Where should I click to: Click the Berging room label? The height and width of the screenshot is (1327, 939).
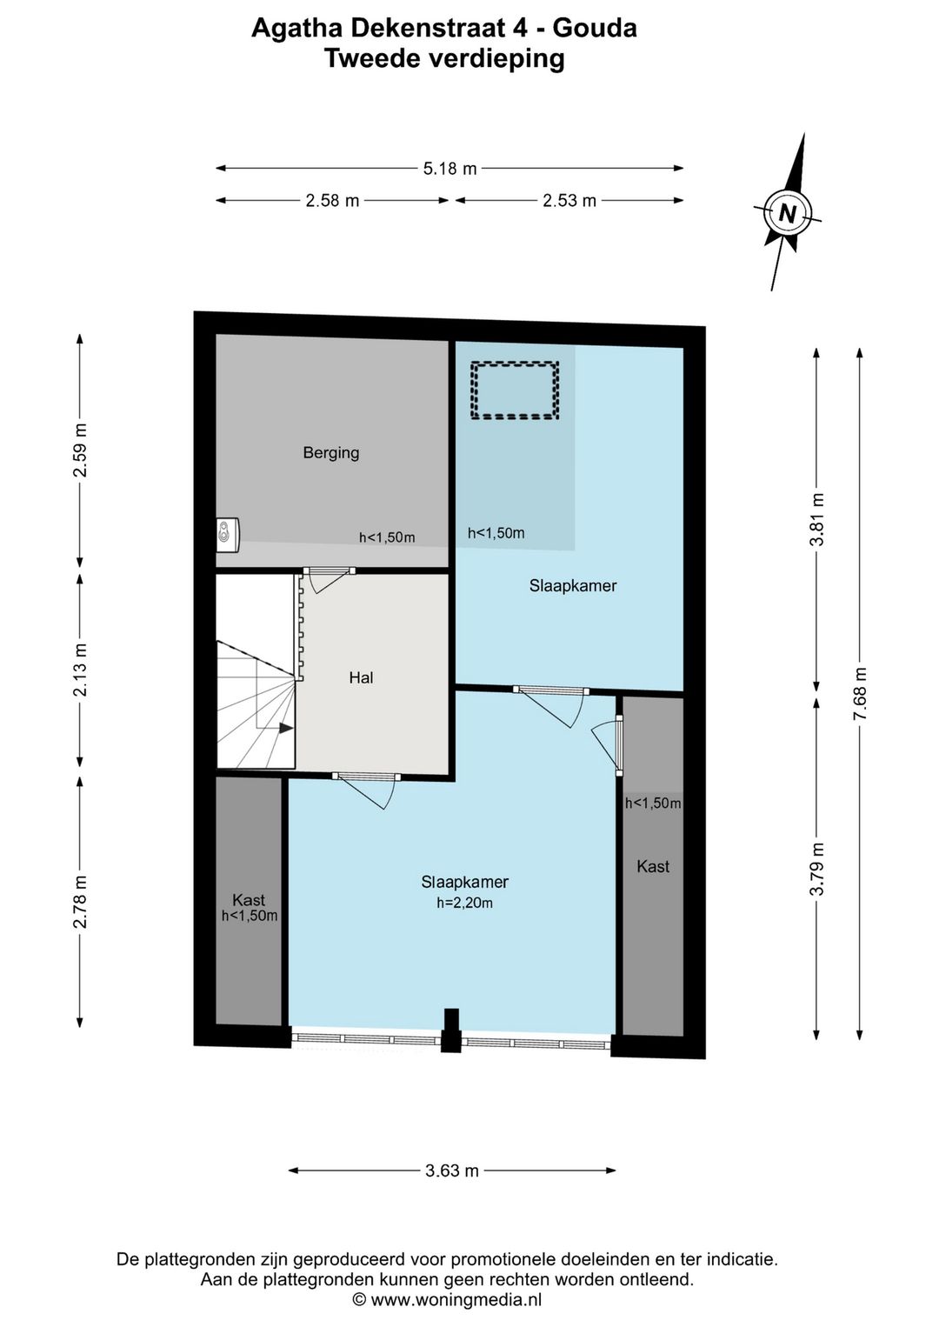[x=330, y=454]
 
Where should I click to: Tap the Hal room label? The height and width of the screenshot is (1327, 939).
[x=361, y=677]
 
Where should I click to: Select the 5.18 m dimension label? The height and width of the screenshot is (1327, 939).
[x=450, y=169]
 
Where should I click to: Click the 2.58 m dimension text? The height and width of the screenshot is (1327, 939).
[x=332, y=201]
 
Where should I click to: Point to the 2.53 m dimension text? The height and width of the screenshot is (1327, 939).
[x=569, y=201]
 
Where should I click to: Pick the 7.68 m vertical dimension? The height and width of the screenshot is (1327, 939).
[x=860, y=694]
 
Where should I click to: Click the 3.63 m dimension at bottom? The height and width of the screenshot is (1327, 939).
[x=452, y=1170]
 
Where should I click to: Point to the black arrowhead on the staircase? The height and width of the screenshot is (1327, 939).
[x=286, y=729]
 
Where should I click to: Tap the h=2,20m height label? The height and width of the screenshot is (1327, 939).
[x=465, y=903]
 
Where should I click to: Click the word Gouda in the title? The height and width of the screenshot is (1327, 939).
[x=594, y=28]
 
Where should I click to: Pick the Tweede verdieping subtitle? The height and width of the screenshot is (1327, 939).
[x=444, y=58]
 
